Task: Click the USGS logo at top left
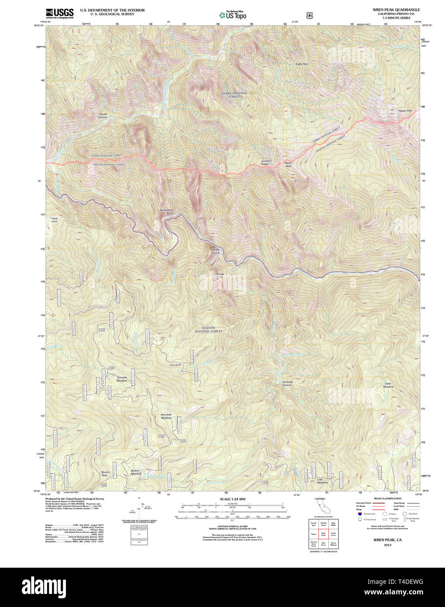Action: coord(60,13)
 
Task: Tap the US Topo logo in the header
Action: coord(233,15)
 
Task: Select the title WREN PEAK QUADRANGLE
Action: coord(396,10)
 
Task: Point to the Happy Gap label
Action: coord(405,110)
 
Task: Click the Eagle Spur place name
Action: coord(302,64)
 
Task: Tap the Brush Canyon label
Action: coord(103,116)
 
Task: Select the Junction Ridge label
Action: coord(266,162)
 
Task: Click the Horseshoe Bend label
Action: coord(166,211)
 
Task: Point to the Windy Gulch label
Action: coord(216,252)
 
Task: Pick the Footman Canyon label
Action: coord(287,383)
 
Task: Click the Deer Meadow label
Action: coord(388,385)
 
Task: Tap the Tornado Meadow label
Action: coord(122,379)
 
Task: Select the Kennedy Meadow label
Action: coord(166,416)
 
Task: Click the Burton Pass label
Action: coord(105,473)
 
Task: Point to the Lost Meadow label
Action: coord(322,481)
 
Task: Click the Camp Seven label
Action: coord(175,365)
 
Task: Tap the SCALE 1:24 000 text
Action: coord(232,499)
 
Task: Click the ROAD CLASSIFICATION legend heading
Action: coord(387,498)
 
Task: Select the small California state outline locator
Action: coord(323,507)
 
